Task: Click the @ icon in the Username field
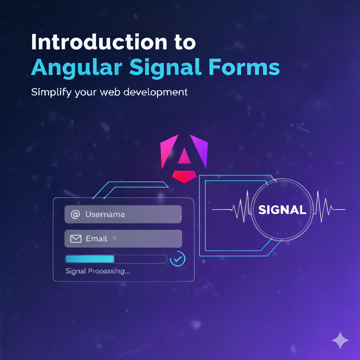click(75, 214)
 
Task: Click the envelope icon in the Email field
click(76, 239)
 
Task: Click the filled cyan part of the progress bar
click(90, 259)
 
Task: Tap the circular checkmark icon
click(178, 259)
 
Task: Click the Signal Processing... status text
click(97, 271)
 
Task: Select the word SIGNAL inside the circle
click(282, 210)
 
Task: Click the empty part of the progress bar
click(141, 259)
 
